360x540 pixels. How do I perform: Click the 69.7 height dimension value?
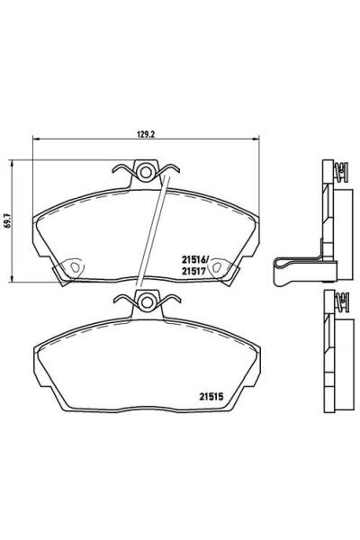pyautogui.click(x=7, y=220)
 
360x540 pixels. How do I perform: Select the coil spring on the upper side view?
pyautogui.click(x=339, y=171)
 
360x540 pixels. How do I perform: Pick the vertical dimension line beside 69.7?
pyautogui.click(x=13, y=220)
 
